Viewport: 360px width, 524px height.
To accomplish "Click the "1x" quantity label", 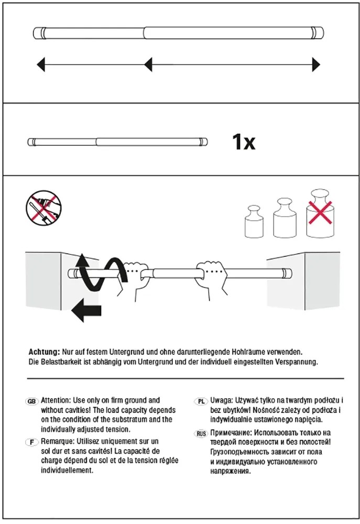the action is click(244, 142).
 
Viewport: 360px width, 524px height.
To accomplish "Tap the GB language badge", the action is click(31, 401).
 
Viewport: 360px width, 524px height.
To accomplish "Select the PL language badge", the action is click(201, 401).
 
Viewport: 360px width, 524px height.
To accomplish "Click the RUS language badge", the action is click(201, 434).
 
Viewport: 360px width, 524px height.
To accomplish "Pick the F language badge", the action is click(31, 442).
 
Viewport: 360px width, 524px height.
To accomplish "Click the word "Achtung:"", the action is click(44, 352).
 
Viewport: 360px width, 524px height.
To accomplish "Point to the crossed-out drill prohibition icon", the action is click(44, 207).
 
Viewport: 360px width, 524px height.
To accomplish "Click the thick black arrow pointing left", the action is click(86, 310).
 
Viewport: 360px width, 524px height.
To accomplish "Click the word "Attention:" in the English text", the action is click(56, 400).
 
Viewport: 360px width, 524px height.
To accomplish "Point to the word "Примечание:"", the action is click(231, 433).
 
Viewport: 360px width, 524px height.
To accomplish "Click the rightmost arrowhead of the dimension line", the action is click(316, 64).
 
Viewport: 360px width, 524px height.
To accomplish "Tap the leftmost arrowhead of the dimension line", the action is click(40, 64).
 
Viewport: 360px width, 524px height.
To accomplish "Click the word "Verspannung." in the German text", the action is click(297, 362).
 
